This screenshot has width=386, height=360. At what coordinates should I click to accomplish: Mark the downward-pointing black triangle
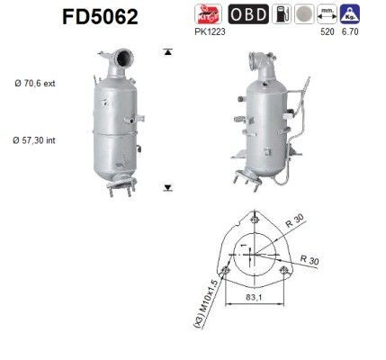click(x=167, y=189)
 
